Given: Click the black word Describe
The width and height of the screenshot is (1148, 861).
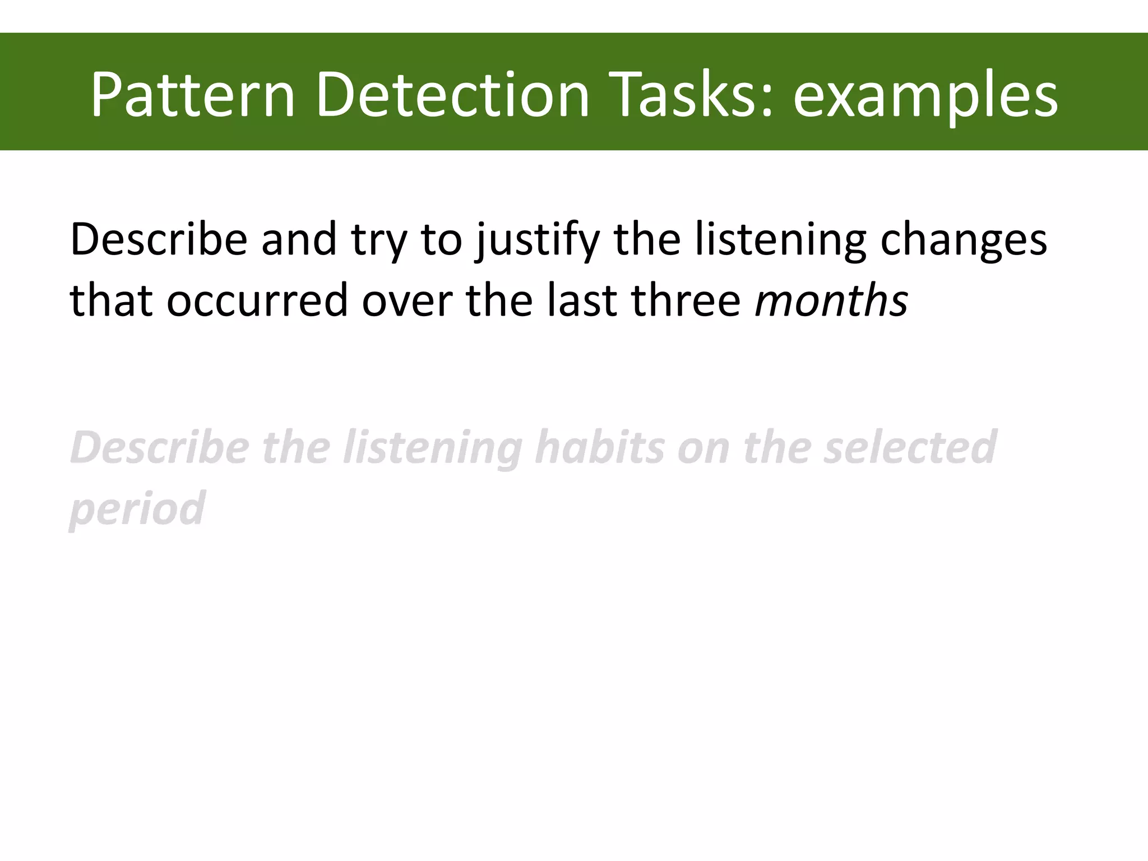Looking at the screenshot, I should click(x=159, y=240).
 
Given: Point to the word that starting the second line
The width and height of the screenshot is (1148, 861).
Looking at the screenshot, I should click(x=111, y=300).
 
